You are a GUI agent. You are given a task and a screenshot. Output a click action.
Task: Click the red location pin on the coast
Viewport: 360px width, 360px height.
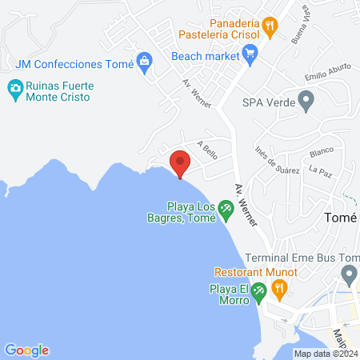coord(180,162)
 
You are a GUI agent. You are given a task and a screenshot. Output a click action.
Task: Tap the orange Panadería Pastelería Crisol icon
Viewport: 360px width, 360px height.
coord(271,26)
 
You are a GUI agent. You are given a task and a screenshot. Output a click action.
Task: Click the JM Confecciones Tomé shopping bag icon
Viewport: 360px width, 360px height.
coord(145,62)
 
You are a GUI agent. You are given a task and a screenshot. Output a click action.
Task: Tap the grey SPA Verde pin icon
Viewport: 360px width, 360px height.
coord(305,102)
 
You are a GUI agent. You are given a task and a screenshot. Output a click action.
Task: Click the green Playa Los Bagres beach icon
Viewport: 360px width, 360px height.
coord(226,210)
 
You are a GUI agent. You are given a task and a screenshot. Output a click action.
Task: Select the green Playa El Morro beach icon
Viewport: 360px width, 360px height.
coord(258,292)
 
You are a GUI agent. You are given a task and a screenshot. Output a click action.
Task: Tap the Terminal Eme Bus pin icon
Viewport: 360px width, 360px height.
coord(348,275)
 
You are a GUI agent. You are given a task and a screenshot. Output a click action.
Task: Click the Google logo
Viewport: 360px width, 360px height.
coord(26,350)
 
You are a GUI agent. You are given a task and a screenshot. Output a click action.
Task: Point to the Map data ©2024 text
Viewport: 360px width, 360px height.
coord(325,354)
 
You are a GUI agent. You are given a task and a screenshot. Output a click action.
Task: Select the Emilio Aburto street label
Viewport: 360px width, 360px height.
coord(326,77)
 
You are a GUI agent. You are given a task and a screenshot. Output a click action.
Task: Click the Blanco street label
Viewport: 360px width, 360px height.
coord(321,150)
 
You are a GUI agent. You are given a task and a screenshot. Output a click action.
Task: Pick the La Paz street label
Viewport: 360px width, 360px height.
coord(319,170)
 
